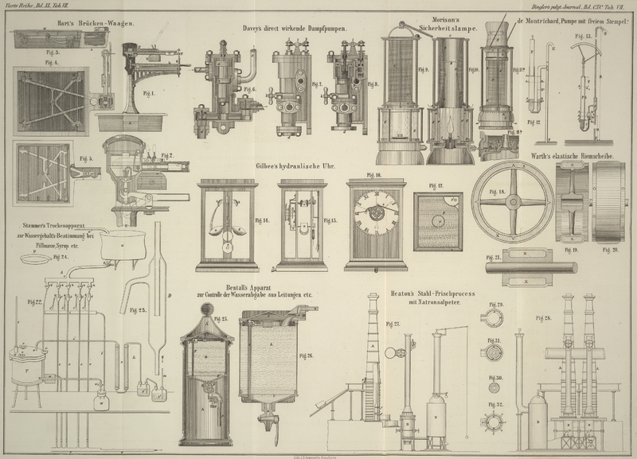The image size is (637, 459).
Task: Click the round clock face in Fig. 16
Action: (375, 209)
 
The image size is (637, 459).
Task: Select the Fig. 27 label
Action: (392, 325)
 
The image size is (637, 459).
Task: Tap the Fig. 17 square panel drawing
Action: (438, 221)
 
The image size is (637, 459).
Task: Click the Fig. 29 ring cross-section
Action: (494, 317)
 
